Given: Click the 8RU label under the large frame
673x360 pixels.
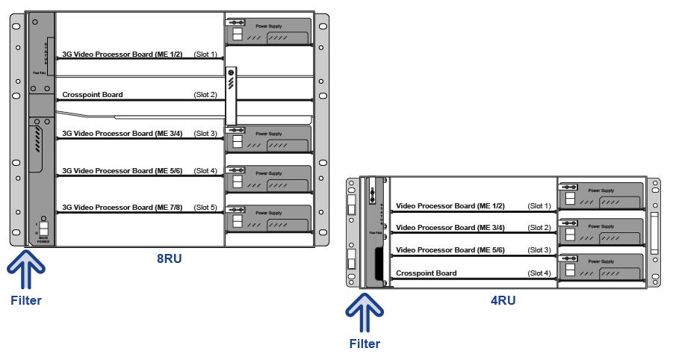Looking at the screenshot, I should click(x=169, y=260).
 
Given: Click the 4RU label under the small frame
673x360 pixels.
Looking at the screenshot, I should click(x=502, y=301).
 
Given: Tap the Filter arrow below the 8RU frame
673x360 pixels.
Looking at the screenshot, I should click(x=27, y=270).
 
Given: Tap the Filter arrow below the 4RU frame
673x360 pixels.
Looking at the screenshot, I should click(x=365, y=314).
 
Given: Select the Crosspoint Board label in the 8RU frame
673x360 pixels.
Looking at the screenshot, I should click(x=93, y=95).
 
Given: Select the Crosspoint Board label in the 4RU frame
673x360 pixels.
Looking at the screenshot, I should click(x=426, y=273).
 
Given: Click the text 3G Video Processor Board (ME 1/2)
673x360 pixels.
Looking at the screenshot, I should click(x=122, y=55).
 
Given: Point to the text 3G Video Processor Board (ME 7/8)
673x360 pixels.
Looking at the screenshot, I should click(x=122, y=207).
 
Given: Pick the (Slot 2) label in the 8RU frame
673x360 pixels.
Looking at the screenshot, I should click(x=205, y=95).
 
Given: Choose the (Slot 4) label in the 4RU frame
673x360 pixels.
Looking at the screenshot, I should click(x=539, y=273).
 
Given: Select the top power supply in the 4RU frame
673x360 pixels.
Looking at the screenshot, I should click(x=601, y=196).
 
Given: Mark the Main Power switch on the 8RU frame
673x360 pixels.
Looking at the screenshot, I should click(x=43, y=229).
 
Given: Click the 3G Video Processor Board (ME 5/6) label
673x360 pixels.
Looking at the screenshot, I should click(x=122, y=171).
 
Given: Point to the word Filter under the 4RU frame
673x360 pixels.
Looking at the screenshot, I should click(x=365, y=344).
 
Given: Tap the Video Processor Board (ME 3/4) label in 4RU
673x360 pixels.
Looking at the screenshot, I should click(x=450, y=228).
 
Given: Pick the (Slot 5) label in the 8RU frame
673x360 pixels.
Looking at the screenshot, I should click(x=205, y=207).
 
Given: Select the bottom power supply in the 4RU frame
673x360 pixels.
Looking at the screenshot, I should click(x=601, y=267).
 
